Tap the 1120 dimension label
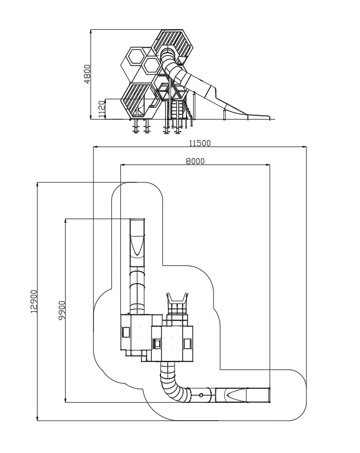[101, 109]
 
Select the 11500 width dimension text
[200, 143]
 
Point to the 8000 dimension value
[195, 161]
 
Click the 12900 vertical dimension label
[34, 302]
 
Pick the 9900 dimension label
[62, 310]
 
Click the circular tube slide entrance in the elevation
[169, 53]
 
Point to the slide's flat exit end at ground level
[259, 116]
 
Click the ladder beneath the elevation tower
[176, 110]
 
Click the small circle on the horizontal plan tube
[201, 395]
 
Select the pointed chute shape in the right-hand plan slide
[236, 395]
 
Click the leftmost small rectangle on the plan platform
[126, 332]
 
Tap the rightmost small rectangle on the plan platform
[187, 343]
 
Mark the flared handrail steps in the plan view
[177, 303]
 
